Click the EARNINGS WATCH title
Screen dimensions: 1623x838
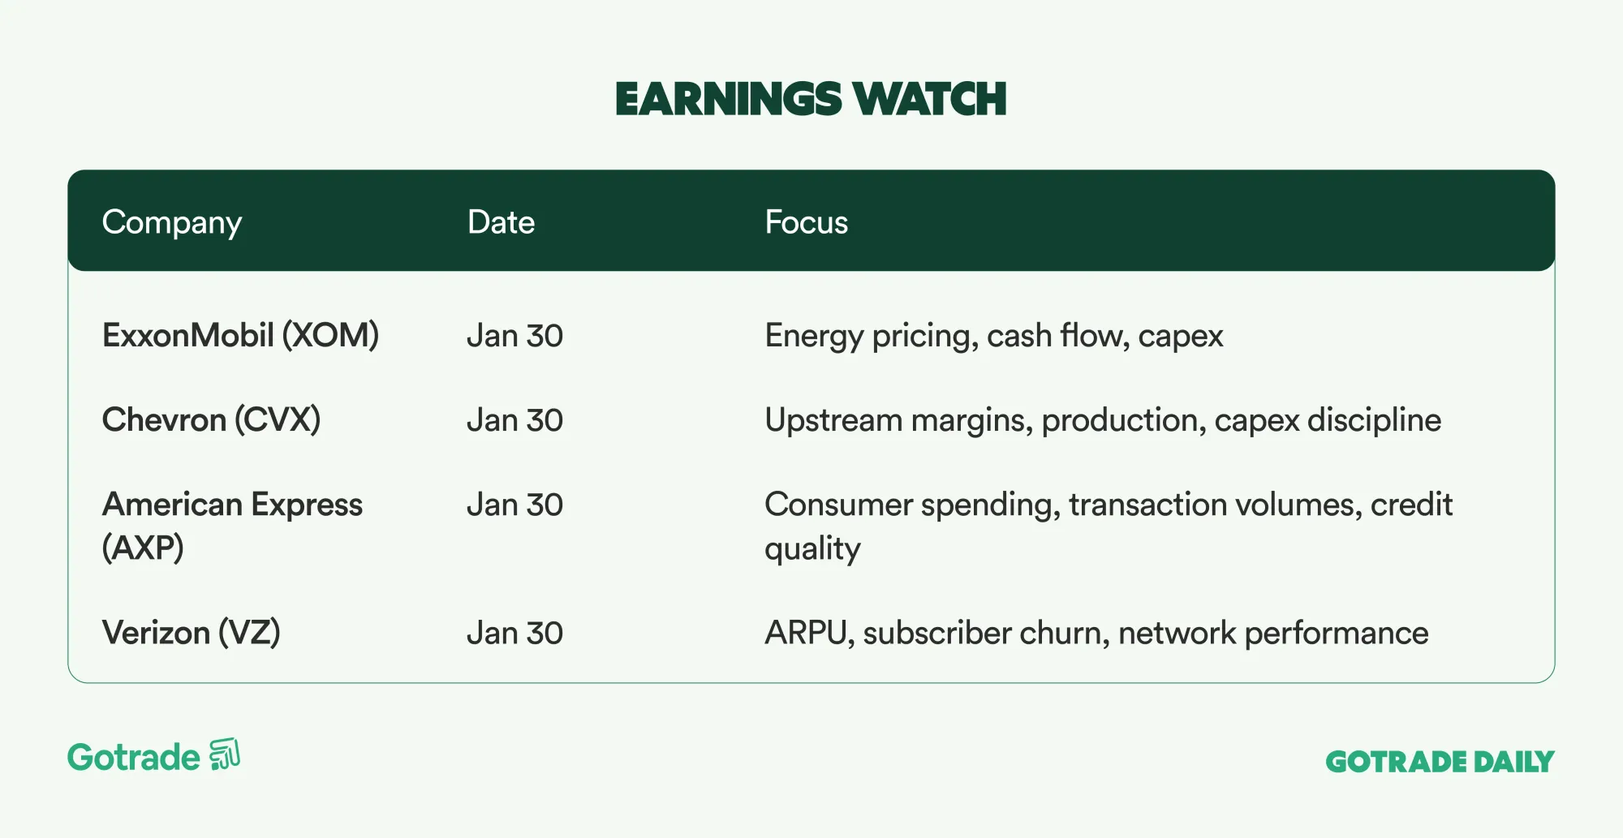tap(811, 99)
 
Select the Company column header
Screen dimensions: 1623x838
tap(172, 223)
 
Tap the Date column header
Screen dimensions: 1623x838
tap(501, 222)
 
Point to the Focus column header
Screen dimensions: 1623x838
tap(806, 222)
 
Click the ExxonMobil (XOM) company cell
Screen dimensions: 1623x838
tap(240, 336)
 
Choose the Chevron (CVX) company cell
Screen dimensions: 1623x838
tap(211, 420)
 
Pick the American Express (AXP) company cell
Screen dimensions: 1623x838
tap(232, 526)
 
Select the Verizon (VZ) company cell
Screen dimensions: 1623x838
tap(192, 633)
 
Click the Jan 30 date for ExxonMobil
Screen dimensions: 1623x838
tap(514, 336)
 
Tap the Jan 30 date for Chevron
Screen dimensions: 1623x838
tap(514, 420)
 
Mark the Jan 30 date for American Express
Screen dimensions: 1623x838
tap(514, 505)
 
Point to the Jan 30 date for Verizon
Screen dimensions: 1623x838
tap(514, 633)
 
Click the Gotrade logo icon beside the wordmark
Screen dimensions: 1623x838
tap(225, 754)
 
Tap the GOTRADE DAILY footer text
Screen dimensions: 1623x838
tap(1440, 762)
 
